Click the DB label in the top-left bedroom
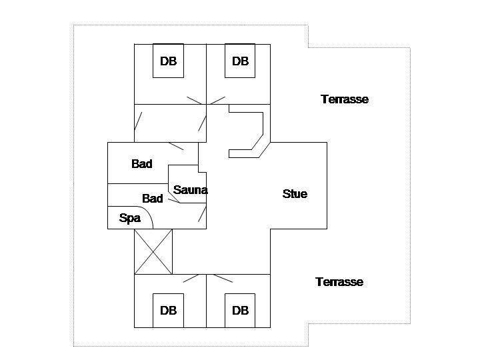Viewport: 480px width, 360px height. coord(169,61)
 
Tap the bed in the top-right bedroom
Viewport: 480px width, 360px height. coord(240,61)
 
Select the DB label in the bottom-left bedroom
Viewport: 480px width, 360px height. coord(169,311)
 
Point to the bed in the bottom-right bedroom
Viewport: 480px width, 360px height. coord(240,311)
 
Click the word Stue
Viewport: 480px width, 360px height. coord(295,194)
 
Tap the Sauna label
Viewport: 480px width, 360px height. coord(191,190)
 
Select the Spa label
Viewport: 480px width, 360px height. coord(130,218)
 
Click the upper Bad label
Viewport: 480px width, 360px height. coord(142,164)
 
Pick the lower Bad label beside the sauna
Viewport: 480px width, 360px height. coord(153,199)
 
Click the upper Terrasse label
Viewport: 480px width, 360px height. coord(345,99)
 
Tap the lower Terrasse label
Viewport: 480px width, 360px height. coord(339,282)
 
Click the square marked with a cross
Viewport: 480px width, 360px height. coord(153,251)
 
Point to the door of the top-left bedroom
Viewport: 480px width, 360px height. coord(195,101)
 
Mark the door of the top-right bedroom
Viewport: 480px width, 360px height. coord(217,101)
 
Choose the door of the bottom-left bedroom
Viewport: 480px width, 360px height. coord(191,278)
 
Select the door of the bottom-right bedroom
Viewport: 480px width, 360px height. coord(223,278)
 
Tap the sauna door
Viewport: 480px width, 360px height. coord(174,201)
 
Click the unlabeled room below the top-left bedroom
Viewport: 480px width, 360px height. coord(170,123)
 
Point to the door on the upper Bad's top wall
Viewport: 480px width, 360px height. coord(176,146)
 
